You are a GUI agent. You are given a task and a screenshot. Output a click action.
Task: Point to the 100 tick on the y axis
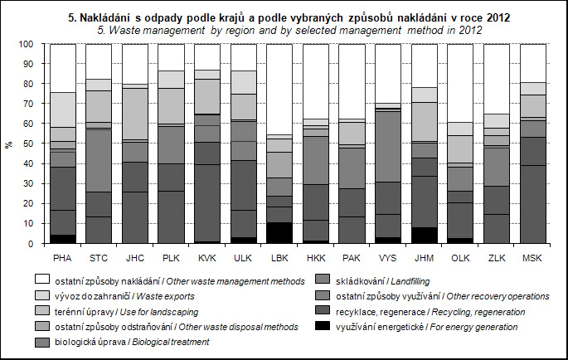pyautogui.click(x=27, y=44)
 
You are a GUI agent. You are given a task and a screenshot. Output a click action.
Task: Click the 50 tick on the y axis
pyautogui.click(x=29, y=144)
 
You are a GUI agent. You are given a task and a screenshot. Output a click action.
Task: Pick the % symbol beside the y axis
pyautogui.click(x=10, y=144)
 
